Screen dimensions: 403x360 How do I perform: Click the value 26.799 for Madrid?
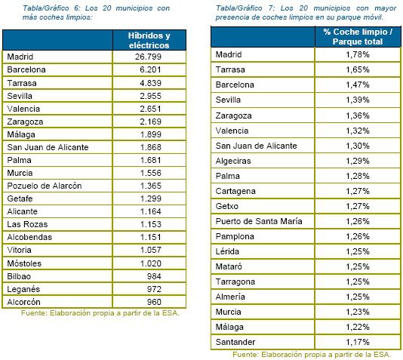149,57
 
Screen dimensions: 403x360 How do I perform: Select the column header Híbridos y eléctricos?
149,40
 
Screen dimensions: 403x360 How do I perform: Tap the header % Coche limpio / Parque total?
358,37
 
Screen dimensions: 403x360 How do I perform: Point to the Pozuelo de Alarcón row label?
45,186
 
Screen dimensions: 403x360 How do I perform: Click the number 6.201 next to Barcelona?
150,69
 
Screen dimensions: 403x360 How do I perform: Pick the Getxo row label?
227,206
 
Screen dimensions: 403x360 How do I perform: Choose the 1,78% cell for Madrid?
358,54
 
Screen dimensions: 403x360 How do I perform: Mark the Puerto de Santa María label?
259,221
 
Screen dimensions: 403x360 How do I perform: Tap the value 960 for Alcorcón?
154,302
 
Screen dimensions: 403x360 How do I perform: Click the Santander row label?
235,342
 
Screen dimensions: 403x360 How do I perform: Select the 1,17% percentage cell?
358,342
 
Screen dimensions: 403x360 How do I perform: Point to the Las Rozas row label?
27,224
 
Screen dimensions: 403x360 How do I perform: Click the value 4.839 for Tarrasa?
150,83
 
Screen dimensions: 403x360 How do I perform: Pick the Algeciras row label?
233,161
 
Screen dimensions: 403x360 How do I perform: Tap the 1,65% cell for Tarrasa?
358,69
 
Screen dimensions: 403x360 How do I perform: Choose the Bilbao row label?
19,276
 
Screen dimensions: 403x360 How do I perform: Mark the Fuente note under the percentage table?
312,355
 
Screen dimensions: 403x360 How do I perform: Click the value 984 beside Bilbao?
154,276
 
